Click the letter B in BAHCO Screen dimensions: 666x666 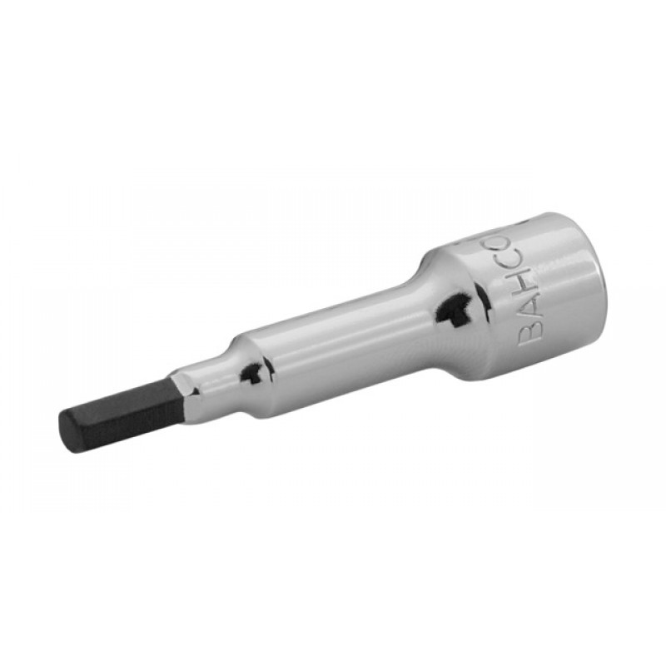point(531,332)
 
